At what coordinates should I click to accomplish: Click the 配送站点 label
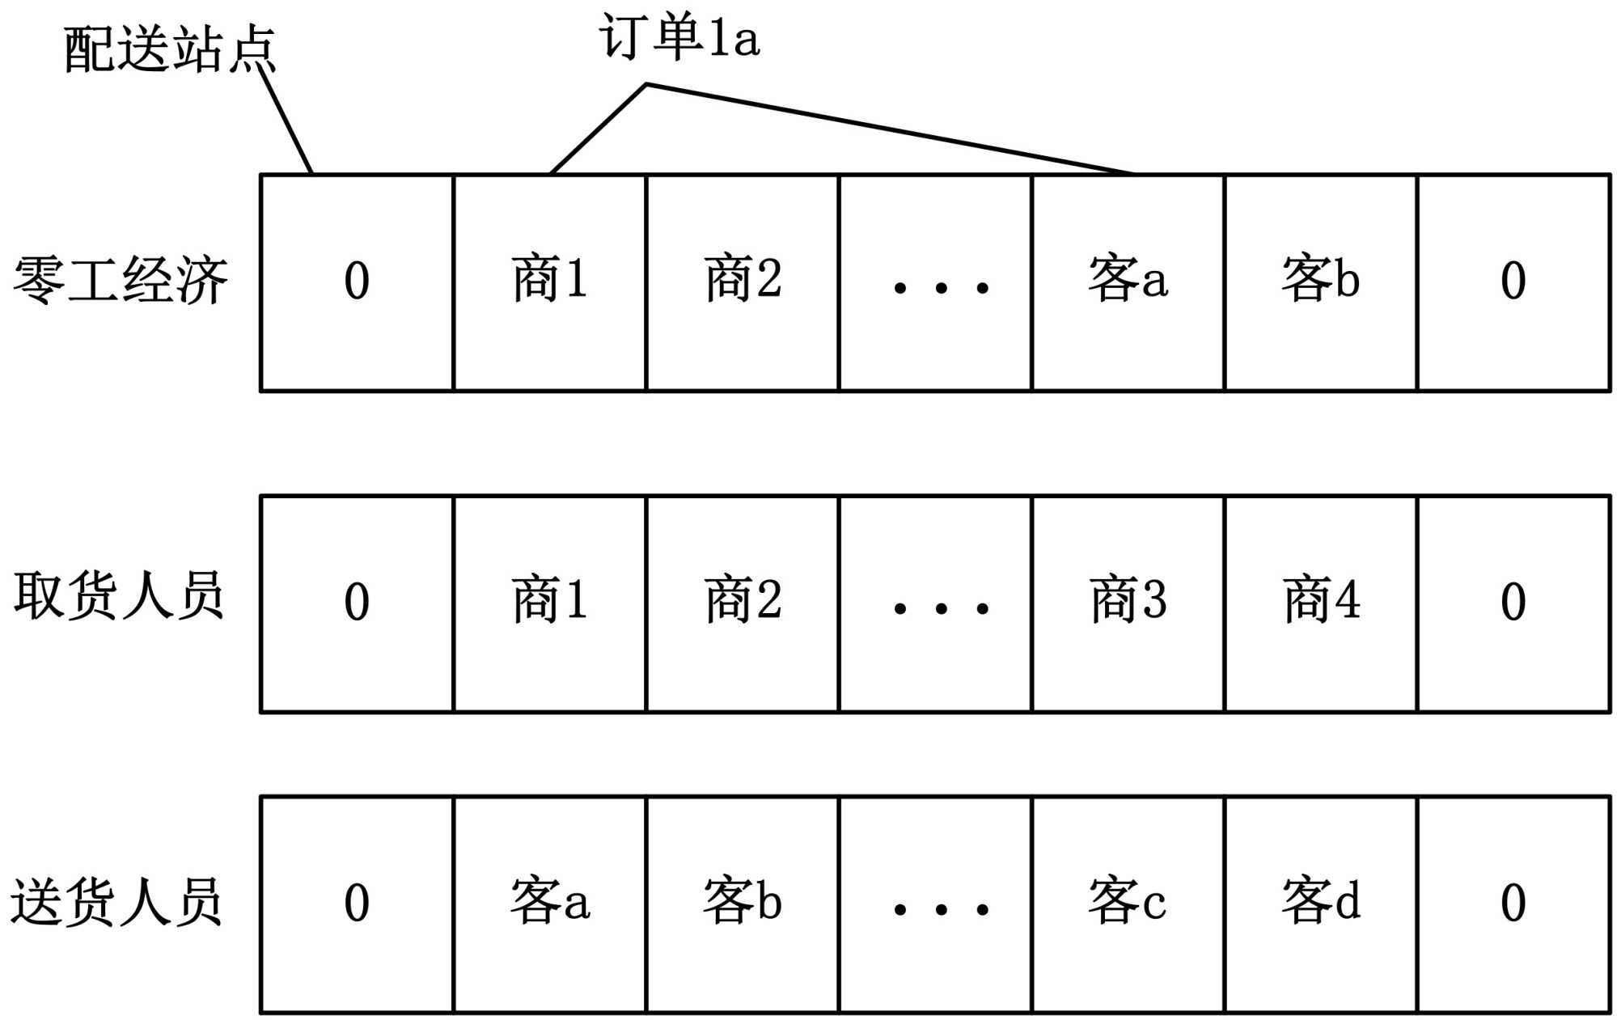(170, 49)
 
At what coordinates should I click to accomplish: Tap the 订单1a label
(679, 37)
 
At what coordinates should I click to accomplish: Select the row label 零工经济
(120, 281)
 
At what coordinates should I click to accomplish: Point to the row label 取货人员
(118, 596)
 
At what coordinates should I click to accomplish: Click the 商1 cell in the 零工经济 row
(550, 281)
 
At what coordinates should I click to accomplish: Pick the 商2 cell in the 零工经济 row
(743, 281)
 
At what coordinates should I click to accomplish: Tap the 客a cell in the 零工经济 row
(1128, 281)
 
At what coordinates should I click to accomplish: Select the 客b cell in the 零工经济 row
(1321, 281)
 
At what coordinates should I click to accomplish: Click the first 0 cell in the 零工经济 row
(357, 281)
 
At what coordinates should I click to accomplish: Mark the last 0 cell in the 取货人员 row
(1513, 603)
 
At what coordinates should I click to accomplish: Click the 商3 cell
(1128, 603)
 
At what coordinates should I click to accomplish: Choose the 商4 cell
(1321, 603)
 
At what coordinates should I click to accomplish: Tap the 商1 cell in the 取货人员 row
(550, 603)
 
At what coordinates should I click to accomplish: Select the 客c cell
(1128, 904)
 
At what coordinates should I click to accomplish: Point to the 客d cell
(1321, 904)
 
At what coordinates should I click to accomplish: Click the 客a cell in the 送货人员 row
(550, 904)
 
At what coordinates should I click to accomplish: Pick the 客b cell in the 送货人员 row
(743, 904)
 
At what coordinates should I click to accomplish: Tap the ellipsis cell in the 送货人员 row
(936, 904)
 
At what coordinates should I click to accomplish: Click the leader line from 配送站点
(286, 121)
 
